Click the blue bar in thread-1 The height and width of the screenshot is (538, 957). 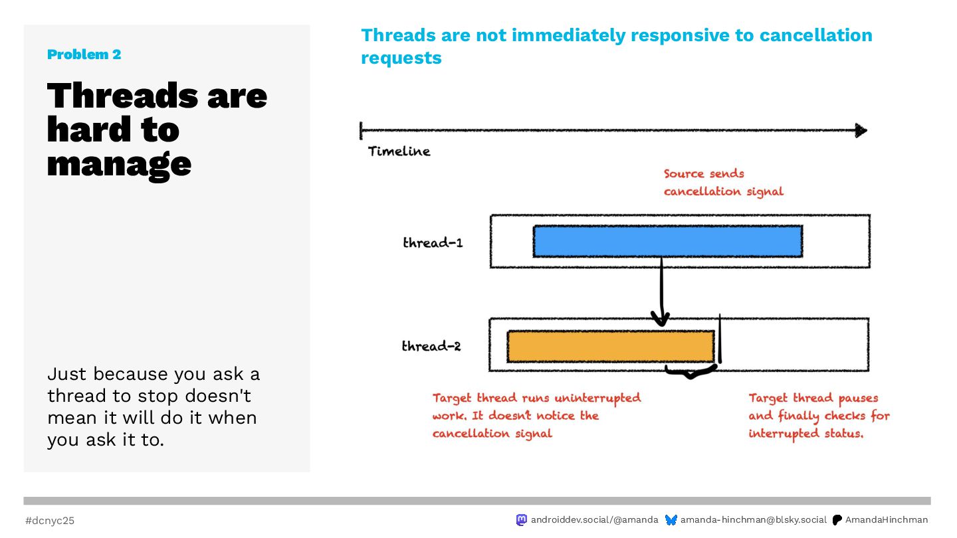tap(668, 241)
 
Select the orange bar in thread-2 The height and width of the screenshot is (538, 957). tap(611, 347)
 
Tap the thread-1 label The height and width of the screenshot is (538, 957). tap(433, 242)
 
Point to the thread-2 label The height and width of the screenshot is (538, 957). tap(431, 346)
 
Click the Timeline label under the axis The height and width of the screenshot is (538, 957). tap(399, 151)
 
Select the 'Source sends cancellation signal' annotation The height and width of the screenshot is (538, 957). tap(723, 182)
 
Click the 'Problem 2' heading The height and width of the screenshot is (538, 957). tap(84, 54)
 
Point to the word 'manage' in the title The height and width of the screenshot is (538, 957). tap(119, 165)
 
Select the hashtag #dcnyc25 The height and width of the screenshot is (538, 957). tap(50, 521)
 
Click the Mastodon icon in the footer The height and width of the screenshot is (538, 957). tap(521, 519)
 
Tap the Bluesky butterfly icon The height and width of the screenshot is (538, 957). tap(671, 520)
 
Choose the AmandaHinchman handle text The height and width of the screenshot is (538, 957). tap(887, 519)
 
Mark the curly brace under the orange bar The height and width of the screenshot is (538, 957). tap(691, 371)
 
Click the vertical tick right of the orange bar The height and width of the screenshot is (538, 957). tap(720, 339)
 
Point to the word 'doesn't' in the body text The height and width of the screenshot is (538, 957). tap(218, 396)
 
